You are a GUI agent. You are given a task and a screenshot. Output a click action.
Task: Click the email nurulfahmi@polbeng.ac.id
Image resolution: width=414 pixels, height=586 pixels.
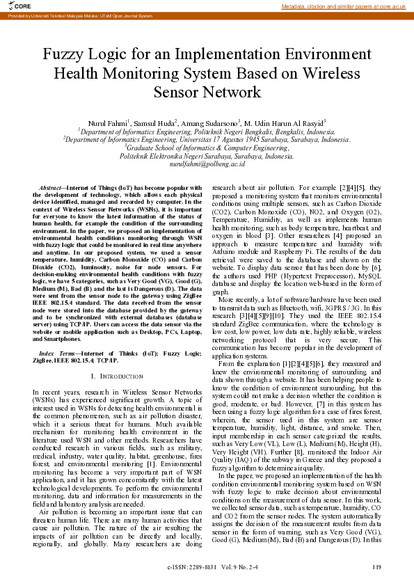pos(207,164)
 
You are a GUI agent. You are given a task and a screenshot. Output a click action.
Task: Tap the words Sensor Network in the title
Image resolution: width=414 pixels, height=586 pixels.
pos(207,92)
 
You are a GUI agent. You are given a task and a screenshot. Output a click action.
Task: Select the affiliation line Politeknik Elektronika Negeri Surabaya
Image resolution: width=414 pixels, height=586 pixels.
pos(207,156)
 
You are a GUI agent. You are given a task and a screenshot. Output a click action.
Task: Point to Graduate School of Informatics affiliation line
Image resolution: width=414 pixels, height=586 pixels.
pos(207,148)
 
